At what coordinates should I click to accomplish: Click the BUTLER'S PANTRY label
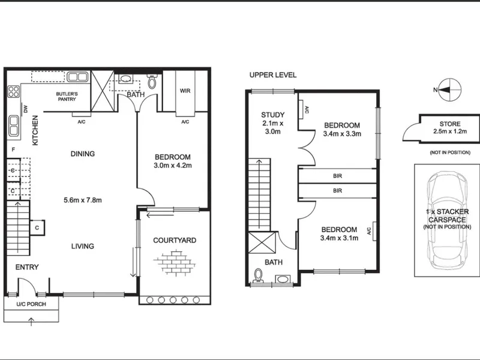[x=67, y=97]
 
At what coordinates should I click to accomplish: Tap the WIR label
[x=185, y=91]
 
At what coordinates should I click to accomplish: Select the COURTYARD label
[x=175, y=241]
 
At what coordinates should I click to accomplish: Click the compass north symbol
[x=449, y=89]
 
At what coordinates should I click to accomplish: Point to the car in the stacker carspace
[x=448, y=220]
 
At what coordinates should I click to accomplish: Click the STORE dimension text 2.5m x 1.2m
[x=449, y=131]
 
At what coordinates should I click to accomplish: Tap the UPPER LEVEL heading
[x=273, y=75]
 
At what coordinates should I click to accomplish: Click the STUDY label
[x=273, y=115]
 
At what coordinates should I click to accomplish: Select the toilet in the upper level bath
[x=259, y=275]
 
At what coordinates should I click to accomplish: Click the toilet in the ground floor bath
[x=152, y=81]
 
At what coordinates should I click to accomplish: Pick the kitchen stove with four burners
[x=13, y=92]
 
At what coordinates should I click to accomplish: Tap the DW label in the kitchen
[x=26, y=109]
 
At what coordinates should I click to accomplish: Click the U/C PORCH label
[x=31, y=304]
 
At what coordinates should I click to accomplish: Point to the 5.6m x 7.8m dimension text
[x=83, y=200]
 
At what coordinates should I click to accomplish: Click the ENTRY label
[x=27, y=267]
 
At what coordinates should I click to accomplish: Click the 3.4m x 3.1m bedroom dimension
[x=339, y=238]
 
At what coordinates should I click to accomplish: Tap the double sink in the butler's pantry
[x=77, y=77]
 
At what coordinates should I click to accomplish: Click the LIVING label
[x=83, y=246]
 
